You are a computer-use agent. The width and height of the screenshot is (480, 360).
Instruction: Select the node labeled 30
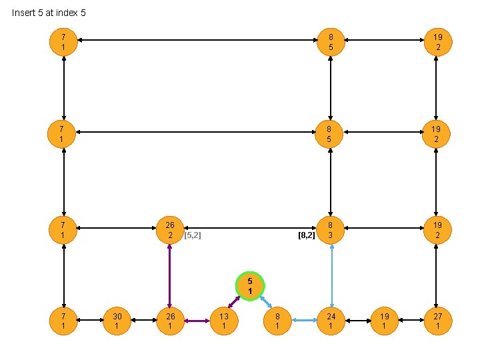[x=117, y=321]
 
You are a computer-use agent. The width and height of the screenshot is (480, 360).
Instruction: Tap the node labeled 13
[x=224, y=321]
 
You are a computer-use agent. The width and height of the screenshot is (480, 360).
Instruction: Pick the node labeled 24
[x=331, y=321]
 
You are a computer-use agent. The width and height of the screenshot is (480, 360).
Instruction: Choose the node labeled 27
[x=437, y=321]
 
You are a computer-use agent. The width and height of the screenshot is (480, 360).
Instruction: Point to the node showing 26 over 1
[x=171, y=321]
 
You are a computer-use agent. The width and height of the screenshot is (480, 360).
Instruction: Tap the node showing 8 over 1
[x=277, y=321]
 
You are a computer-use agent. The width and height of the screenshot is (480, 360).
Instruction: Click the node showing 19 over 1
[x=384, y=321]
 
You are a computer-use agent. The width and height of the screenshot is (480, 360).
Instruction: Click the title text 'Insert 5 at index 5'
[x=49, y=13]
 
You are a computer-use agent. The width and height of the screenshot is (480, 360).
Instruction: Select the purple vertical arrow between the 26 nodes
[x=171, y=275]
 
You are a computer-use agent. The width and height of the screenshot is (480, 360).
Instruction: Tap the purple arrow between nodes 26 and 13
[x=197, y=321]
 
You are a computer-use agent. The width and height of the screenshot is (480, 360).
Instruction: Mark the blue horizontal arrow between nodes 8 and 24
[x=304, y=321]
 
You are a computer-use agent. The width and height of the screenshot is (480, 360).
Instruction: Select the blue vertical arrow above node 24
[x=331, y=275]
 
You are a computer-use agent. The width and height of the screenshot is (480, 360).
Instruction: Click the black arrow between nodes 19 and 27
[x=411, y=321]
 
